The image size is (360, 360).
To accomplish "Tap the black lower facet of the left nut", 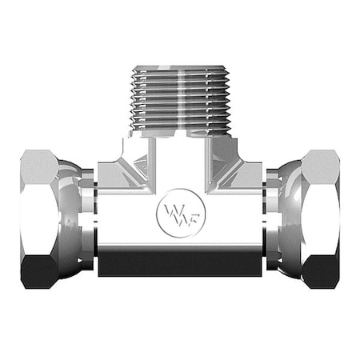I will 36,268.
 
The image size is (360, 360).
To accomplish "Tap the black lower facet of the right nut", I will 323,268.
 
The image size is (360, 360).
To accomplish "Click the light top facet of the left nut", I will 36,164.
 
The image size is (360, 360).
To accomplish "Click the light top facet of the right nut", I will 323,164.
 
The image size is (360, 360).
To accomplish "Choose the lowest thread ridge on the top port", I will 180,130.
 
